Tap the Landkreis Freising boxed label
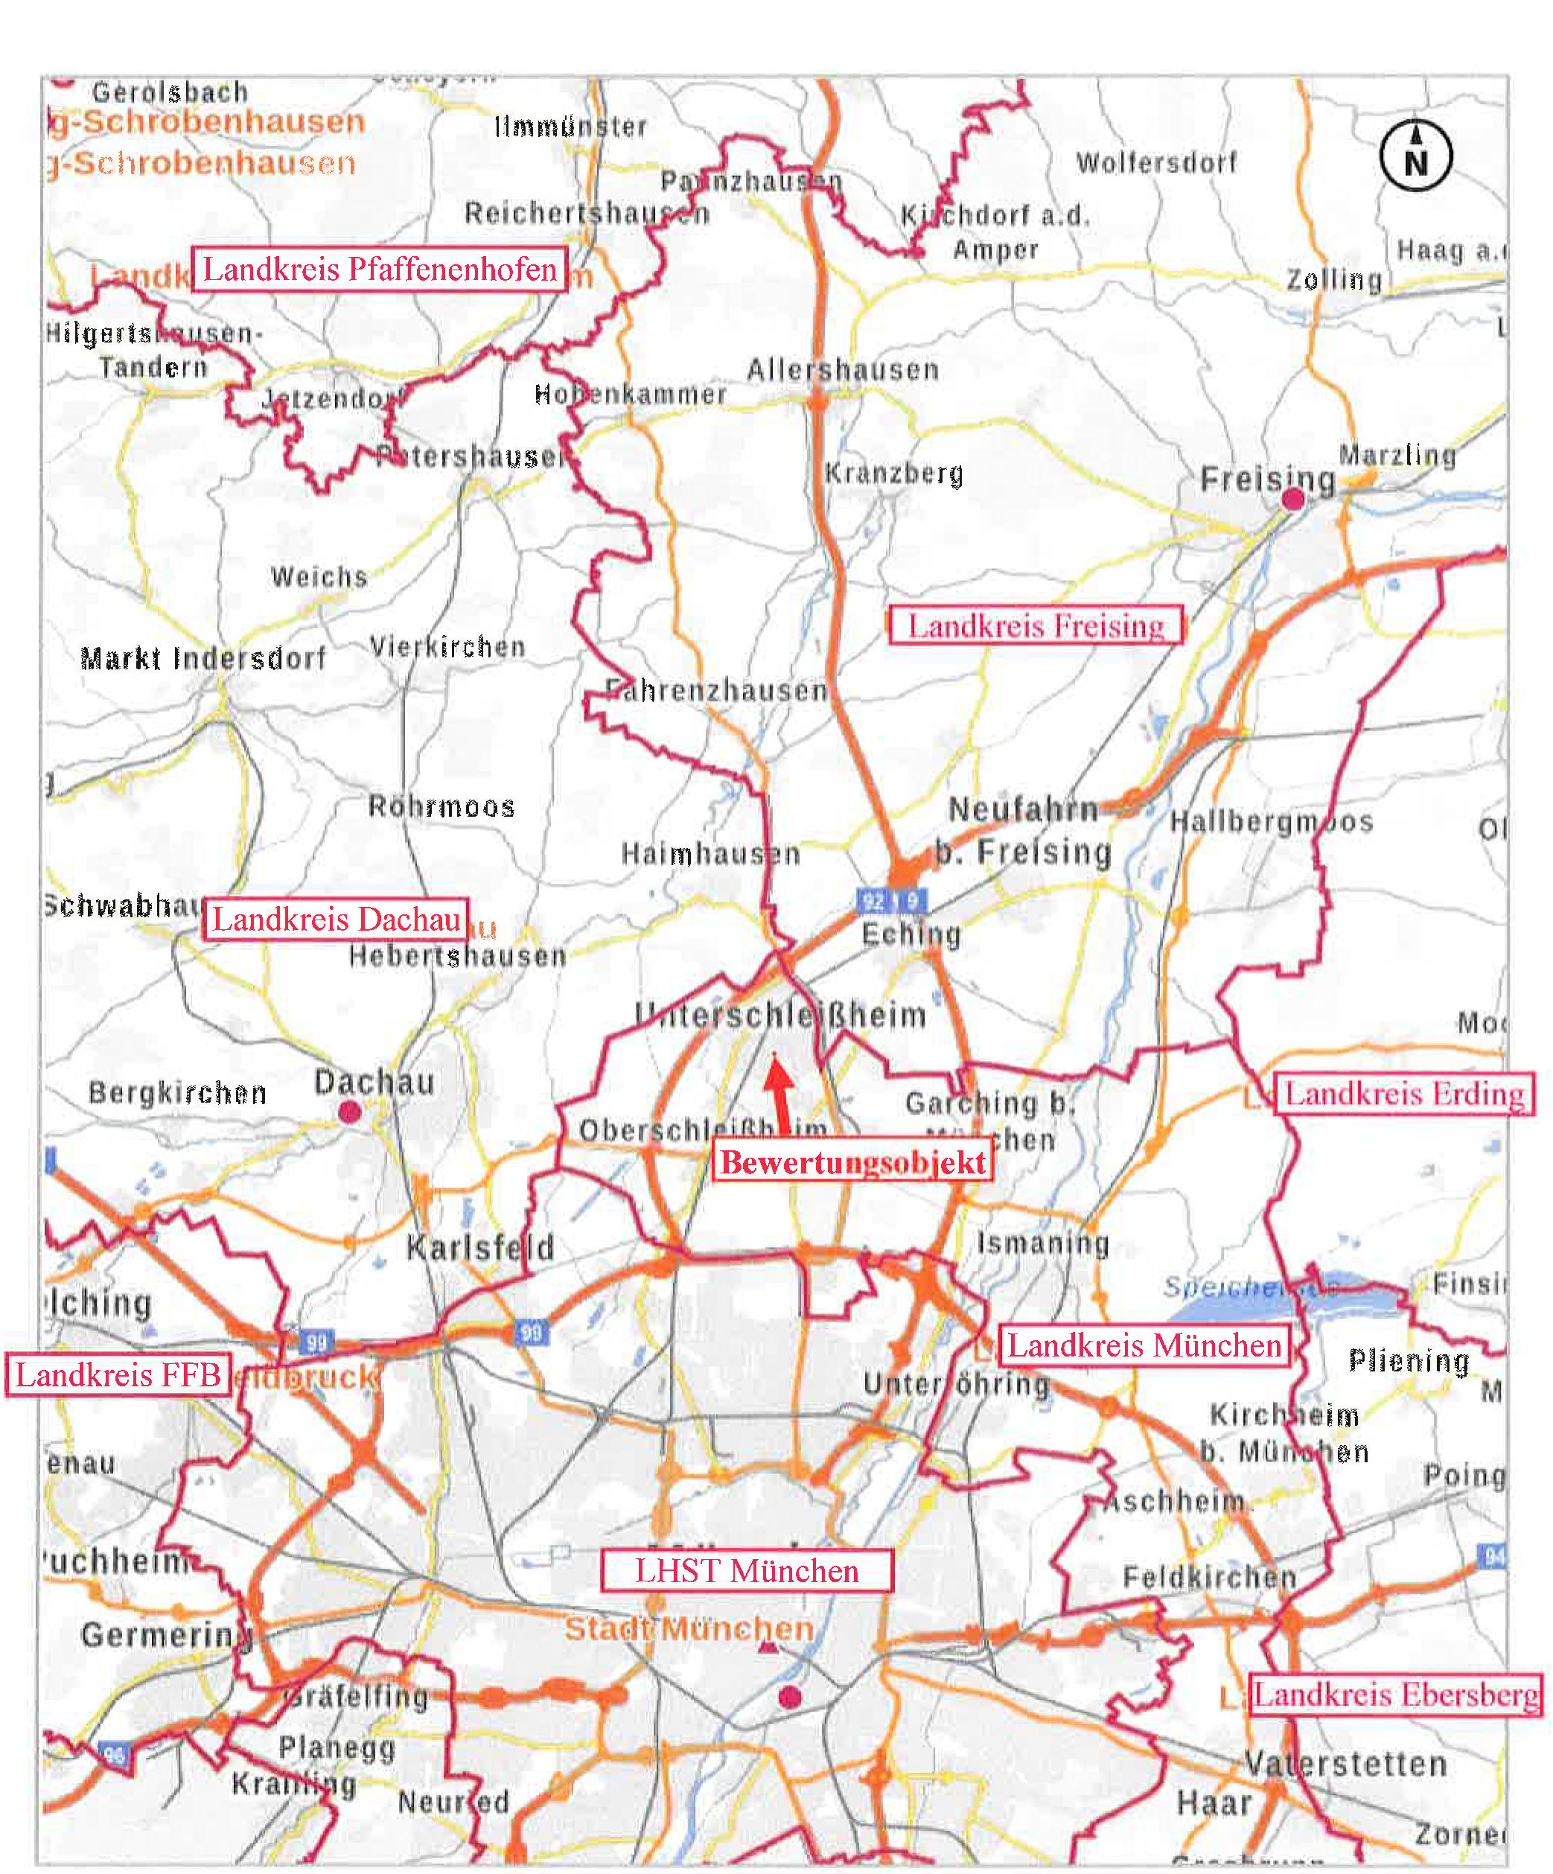(1036, 625)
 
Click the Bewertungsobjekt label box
(852, 1162)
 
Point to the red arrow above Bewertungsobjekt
(779, 1094)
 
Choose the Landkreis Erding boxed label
(1404, 1093)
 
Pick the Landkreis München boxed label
(1144, 1345)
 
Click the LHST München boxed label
(746, 1570)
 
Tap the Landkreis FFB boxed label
(118, 1375)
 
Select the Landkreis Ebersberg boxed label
(1396, 1694)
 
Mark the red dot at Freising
(1292, 500)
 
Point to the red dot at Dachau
(349, 1112)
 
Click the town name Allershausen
(843, 369)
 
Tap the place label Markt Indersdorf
(203, 659)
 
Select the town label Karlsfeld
(480, 1248)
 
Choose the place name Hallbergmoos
(1271, 822)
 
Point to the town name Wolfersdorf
(1157, 162)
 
